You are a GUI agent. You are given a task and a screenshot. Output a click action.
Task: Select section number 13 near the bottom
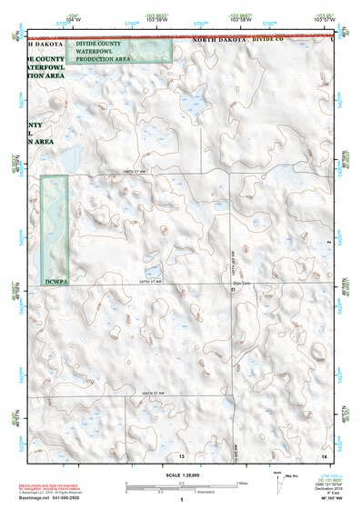pyautogui.click(x=182, y=454)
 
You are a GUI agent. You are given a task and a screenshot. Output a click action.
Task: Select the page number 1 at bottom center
pyautogui.click(x=182, y=500)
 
